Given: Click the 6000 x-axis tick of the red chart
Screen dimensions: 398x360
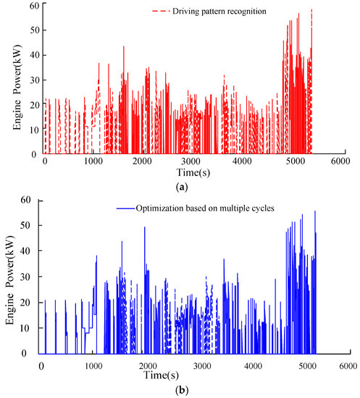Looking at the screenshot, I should (x=338, y=161).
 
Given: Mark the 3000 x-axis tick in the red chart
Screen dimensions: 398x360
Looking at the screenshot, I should (x=191, y=161).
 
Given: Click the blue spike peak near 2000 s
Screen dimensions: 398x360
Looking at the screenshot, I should (x=144, y=228).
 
